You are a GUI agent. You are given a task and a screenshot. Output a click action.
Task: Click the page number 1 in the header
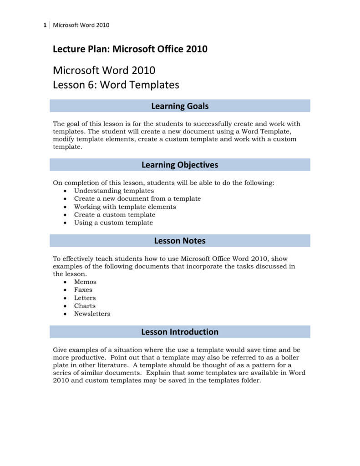[45, 25]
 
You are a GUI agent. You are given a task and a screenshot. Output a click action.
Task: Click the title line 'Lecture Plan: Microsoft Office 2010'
[130, 49]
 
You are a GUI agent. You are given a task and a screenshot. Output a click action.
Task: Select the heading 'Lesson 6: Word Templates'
[116, 85]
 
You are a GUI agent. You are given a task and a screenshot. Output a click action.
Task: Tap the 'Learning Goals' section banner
[180, 106]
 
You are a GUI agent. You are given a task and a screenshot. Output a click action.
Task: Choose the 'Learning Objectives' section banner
[180, 165]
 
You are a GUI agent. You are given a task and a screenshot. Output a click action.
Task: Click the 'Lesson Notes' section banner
[180, 241]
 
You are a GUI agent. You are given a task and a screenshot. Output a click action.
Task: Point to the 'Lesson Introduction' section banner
[180, 332]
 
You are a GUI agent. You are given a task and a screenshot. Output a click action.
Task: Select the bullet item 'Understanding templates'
[114, 191]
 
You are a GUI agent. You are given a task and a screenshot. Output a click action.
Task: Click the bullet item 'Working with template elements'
[125, 207]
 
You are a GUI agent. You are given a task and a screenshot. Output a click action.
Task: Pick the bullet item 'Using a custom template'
[113, 223]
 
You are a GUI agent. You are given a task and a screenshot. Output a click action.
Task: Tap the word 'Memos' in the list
[85, 282]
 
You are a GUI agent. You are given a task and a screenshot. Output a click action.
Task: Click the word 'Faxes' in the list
[83, 289]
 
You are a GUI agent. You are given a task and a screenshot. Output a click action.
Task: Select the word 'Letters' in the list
[85, 298]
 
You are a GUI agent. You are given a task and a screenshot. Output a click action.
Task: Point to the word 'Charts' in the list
[85, 306]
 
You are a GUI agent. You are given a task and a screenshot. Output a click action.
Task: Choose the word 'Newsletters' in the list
[92, 314]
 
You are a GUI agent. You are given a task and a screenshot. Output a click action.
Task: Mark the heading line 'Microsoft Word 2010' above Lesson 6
[104, 71]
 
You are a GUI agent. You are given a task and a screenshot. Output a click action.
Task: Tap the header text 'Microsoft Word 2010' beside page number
[81, 25]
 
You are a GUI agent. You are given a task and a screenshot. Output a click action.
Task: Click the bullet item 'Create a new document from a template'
[137, 198]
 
